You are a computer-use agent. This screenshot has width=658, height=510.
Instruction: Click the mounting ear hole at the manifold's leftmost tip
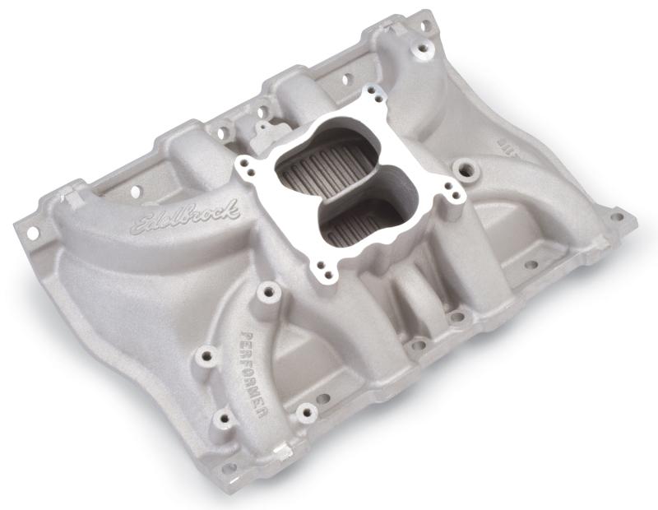[34, 234]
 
